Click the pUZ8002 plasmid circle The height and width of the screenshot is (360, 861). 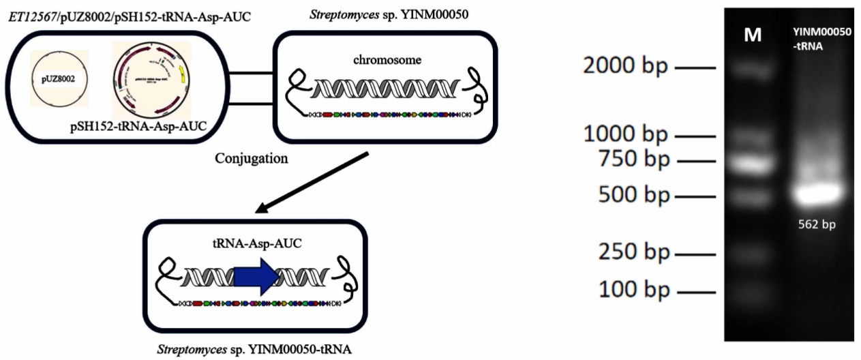(59, 80)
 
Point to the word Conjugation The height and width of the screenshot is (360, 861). (250, 159)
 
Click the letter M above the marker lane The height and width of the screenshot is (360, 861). (753, 35)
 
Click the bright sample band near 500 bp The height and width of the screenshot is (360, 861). (819, 193)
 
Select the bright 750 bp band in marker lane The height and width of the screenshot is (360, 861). (752, 164)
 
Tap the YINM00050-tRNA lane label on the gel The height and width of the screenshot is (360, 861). (821, 39)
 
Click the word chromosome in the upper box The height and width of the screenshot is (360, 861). (387, 59)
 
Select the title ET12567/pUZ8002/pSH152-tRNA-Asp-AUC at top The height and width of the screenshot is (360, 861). (127, 15)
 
